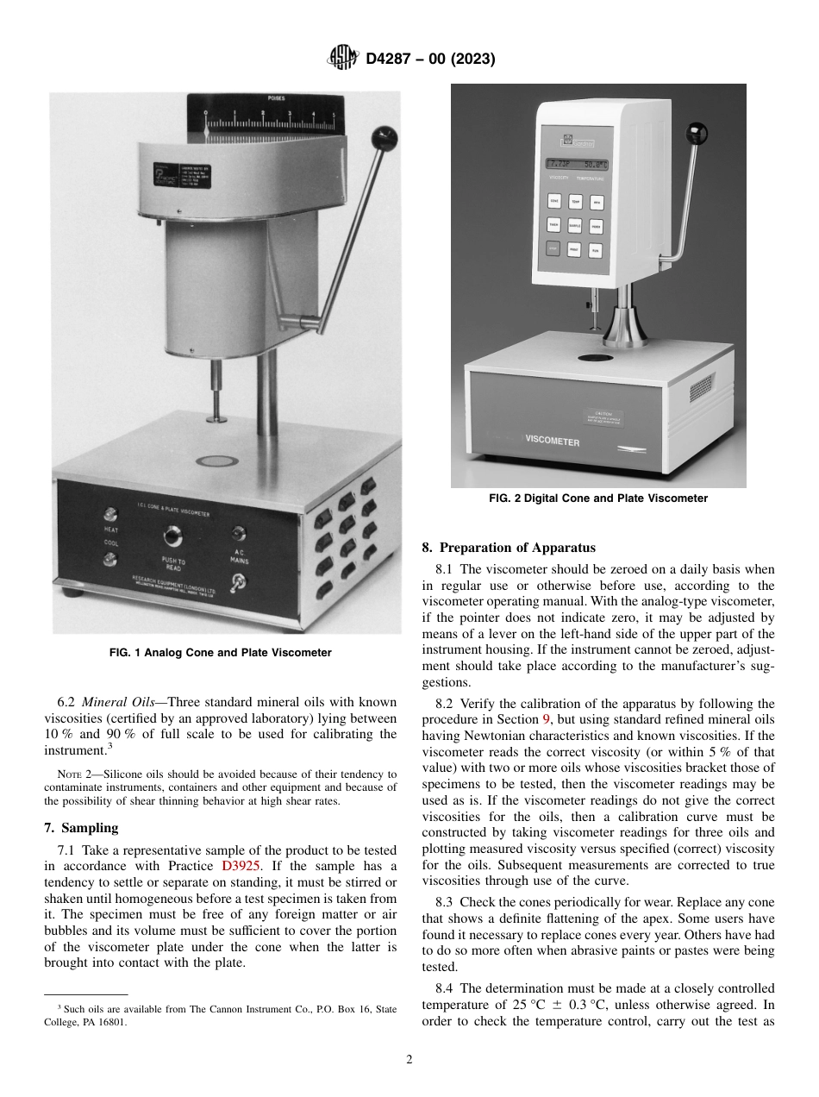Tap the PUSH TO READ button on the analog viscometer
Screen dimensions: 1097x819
tap(175, 539)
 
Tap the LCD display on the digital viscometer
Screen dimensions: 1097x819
tap(577, 163)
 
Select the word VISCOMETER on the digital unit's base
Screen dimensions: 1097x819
tap(553, 441)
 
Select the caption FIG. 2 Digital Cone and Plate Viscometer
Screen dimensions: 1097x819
tap(597, 498)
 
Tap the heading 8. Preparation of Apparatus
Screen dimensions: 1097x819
tap(509, 548)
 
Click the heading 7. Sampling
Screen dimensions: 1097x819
tap(81, 828)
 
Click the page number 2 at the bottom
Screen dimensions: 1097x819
tap(409, 1060)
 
